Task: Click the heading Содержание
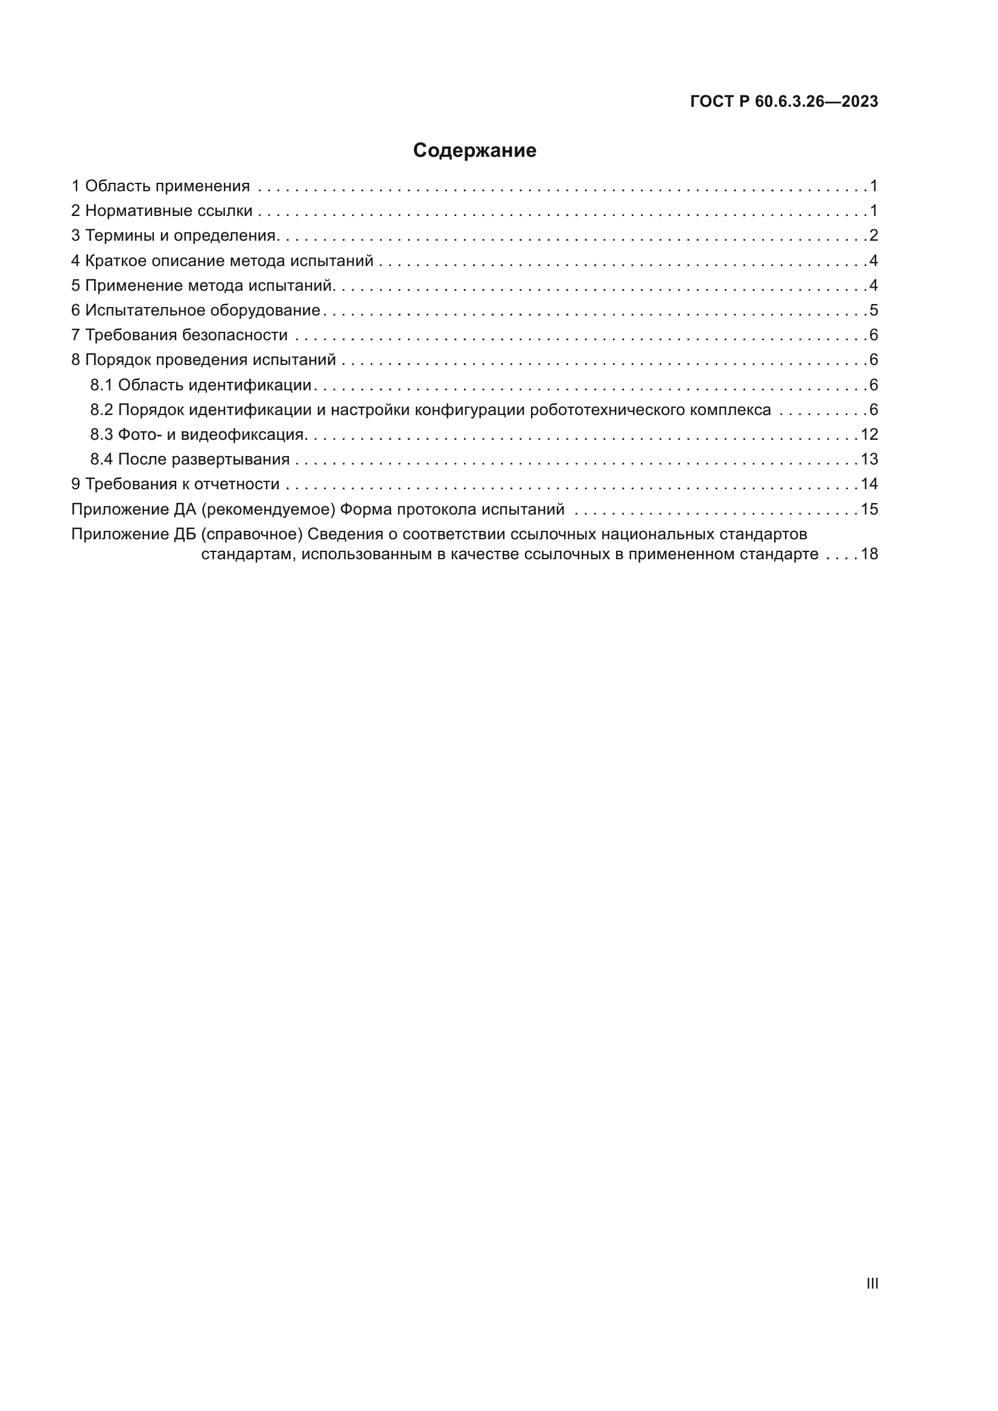474,151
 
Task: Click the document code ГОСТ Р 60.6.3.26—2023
784,102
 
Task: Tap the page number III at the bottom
871,1284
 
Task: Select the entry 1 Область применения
161,186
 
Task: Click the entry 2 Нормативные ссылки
162,211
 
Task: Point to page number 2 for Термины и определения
873,235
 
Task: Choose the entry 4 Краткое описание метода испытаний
222,261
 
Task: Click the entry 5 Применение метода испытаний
202,285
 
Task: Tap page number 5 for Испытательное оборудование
873,310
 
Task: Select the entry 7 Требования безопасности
179,335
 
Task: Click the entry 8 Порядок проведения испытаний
203,360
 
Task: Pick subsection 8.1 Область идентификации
201,385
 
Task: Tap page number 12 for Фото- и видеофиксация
869,434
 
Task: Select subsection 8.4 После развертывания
190,459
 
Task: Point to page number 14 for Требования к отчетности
869,484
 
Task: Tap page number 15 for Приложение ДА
869,510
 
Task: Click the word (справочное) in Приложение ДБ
252,534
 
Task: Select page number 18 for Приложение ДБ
869,554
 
